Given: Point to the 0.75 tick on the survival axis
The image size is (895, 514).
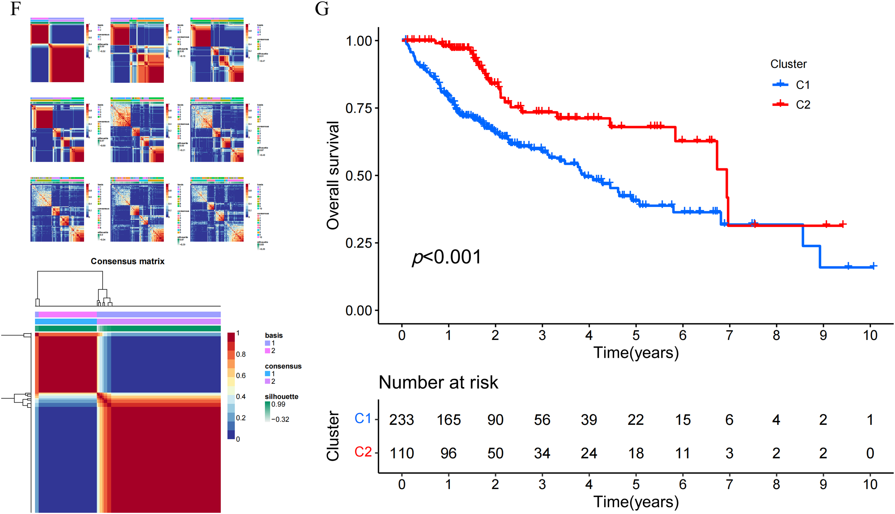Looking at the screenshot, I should click(359, 108).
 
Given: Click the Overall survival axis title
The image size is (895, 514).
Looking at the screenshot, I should click(333, 175).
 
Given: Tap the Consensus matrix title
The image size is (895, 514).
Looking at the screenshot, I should click(127, 261).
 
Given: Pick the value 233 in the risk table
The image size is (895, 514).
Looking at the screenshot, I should click(402, 420).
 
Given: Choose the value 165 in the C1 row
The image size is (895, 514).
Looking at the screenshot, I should click(448, 420).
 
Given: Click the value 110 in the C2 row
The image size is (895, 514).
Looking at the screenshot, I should click(402, 453).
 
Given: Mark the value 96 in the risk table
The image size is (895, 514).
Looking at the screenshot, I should click(448, 453).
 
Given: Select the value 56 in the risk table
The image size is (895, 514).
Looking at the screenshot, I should click(542, 420).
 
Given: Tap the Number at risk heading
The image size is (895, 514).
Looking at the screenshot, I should click(438, 382).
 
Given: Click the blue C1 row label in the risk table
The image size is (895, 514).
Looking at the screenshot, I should click(363, 418).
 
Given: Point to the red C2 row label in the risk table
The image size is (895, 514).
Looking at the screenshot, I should click(363, 452).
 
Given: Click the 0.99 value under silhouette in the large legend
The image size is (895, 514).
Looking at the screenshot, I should click(278, 404).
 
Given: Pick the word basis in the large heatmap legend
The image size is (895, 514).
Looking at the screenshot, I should click(274, 335).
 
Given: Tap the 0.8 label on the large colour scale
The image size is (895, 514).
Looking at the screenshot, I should click(241, 354).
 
